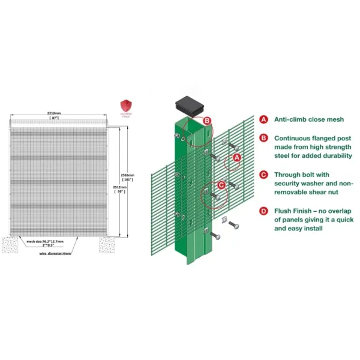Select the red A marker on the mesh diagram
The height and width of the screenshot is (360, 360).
click(237, 157)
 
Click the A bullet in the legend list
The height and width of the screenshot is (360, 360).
click(263, 119)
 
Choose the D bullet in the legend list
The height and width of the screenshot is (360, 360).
click(263, 211)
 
